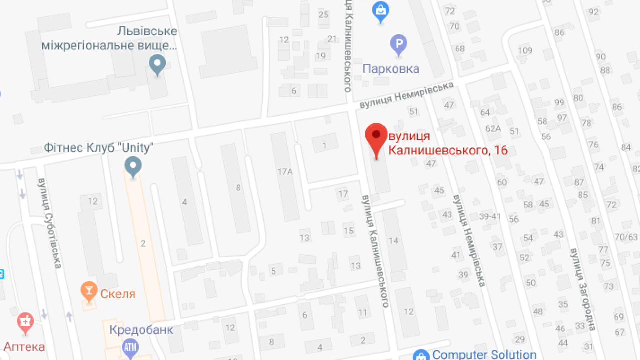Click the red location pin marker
pos(377,138)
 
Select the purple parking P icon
pos(398,45)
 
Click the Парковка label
pos(391,69)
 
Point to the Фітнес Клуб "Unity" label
pos(98,148)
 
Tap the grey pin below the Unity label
pos(133,166)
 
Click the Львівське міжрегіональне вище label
pos(109,38)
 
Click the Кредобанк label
pos(141,329)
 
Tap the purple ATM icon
pos(130,347)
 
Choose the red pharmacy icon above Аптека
pos(25,322)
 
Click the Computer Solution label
pos(484,354)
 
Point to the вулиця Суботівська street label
pos(49,223)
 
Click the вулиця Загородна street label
pos(582,289)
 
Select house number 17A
pos(285,172)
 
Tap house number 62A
pos(493,128)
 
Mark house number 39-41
pos(490,216)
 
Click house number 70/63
pos(626,237)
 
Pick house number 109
pos(525,50)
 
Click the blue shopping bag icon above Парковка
pos(381,11)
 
